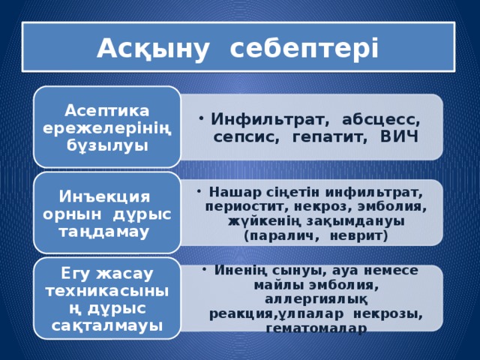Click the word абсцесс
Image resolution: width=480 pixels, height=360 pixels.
pos(380,120)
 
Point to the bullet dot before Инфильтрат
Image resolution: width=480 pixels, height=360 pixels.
pos(202,120)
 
